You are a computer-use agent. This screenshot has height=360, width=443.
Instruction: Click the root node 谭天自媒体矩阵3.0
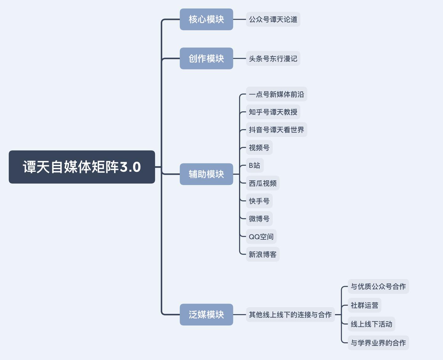(x=82, y=167)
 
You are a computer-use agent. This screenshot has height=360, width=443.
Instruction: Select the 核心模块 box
(x=206, y=19)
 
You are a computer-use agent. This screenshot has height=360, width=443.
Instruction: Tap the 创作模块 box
(x=206, y=58)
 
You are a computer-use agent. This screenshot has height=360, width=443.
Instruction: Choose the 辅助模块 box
(x=206, y=174)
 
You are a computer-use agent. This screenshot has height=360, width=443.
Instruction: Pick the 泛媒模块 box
(x=206, y=314)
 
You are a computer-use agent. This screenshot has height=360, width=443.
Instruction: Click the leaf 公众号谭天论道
(x=273, y=19)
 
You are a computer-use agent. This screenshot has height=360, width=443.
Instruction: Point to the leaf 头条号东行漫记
(x=273, y=58)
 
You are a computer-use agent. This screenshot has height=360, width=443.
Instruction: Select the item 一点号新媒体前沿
(x=276, y=94)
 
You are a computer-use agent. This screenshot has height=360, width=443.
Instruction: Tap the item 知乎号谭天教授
(x=273, y=112)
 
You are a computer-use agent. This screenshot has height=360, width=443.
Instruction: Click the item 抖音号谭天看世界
(x=276, y=130)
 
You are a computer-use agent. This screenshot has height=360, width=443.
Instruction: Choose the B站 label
(x=254, y=166)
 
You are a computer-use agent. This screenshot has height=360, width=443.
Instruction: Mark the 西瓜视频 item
(x=262, y=183)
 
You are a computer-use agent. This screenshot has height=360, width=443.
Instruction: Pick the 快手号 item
(x=259, y=201)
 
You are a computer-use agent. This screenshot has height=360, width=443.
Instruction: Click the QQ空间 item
(x=261, y=237)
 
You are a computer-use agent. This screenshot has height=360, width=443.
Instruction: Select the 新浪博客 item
(x=262, y=254)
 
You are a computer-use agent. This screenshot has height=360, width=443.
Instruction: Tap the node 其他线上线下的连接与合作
(x=290, y=314)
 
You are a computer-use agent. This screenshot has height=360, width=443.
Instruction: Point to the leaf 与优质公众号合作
(x=378, y=286)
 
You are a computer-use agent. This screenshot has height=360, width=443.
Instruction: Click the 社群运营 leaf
(x=364, y=305)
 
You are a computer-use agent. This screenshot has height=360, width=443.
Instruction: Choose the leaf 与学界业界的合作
(x=378, y=343)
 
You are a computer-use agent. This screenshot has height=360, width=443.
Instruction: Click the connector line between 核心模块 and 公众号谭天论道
(x=239, y=19)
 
